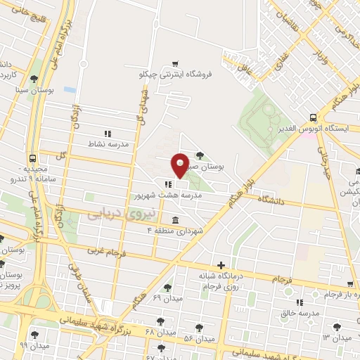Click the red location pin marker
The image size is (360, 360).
(x=179, y=166)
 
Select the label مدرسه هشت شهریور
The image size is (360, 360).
(x=168, y=196)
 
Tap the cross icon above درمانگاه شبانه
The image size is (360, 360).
(x=221, y=265)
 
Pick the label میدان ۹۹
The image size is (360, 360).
(x=34, y=346)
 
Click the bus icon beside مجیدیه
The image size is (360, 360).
(x=33, y=159)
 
